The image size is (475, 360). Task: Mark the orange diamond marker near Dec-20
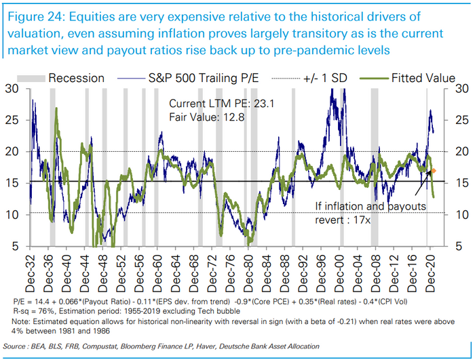[434, 171]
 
